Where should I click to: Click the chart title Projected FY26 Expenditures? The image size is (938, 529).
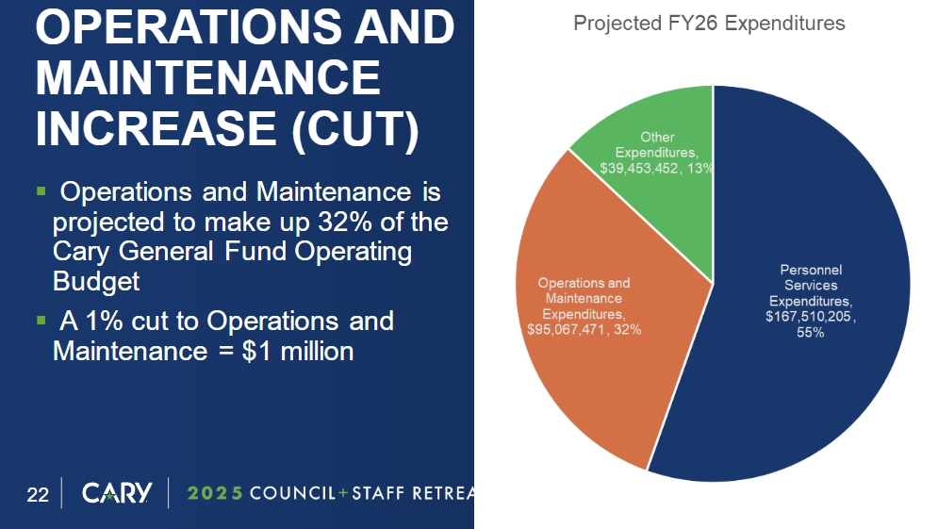click(709, 23)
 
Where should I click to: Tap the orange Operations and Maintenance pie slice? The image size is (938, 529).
click(603, 377)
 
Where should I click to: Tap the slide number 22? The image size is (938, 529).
click(38, 494)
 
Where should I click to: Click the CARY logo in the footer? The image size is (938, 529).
click(117, 493)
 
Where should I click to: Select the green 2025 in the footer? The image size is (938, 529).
click(216, 494)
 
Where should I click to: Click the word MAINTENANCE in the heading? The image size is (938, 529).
click(208, 78)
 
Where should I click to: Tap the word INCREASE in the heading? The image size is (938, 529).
click(156, 128)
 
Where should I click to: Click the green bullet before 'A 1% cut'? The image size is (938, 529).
click(41, 321)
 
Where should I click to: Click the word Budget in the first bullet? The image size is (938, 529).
click(96, 281)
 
